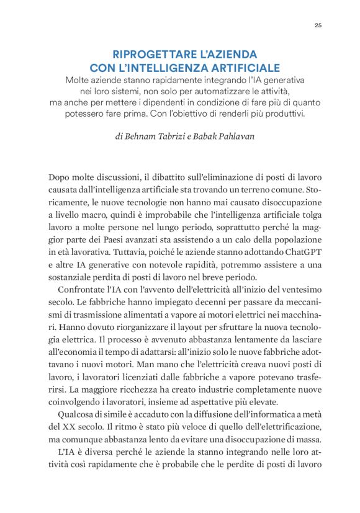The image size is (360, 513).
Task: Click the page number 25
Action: (x=318, y=25)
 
